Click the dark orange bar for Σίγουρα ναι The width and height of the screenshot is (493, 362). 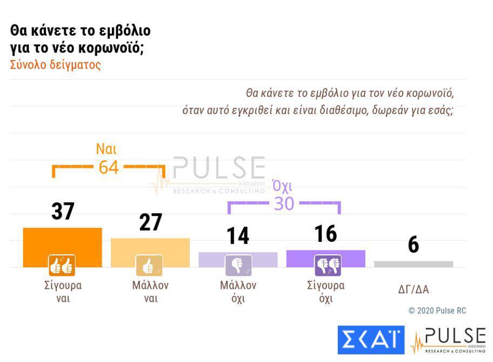tap(62, 241)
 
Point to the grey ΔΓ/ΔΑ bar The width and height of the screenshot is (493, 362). tap(414, 264)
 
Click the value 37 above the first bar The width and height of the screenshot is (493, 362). tap(63, 212)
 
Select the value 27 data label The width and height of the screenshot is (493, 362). tap(150, 222)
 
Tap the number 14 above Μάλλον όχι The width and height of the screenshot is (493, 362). tap(238, 235)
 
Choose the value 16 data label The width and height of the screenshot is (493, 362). tap(325, 234)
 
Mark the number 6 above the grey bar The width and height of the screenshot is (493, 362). tap(414, 245)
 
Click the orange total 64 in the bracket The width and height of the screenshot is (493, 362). tap(108, 167)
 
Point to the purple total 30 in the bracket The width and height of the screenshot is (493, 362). tap(284, 203)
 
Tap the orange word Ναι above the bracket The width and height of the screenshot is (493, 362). tap(106, 149)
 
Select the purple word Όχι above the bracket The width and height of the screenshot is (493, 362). tap(282, 187)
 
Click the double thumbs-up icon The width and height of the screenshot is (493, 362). tap(62, 265)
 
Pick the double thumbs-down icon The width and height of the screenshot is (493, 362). tap(328, 265)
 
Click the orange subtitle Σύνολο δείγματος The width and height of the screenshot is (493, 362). tap(56, 65)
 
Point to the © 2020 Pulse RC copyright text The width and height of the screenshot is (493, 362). tap(437, 311)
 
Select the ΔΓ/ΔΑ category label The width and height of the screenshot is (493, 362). tap(414, 289)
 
